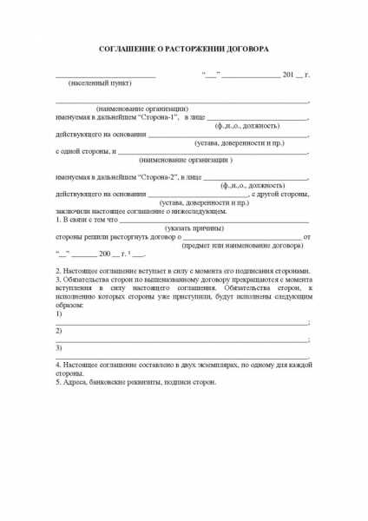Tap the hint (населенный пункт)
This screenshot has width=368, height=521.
coord(100,83)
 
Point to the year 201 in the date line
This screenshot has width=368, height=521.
coord(288,75)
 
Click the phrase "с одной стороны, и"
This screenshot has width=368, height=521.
coord(85,151)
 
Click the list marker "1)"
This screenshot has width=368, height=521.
coord(59,313)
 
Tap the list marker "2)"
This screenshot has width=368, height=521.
coord(59,331)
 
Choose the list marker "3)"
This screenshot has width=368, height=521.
coord(59,348)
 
